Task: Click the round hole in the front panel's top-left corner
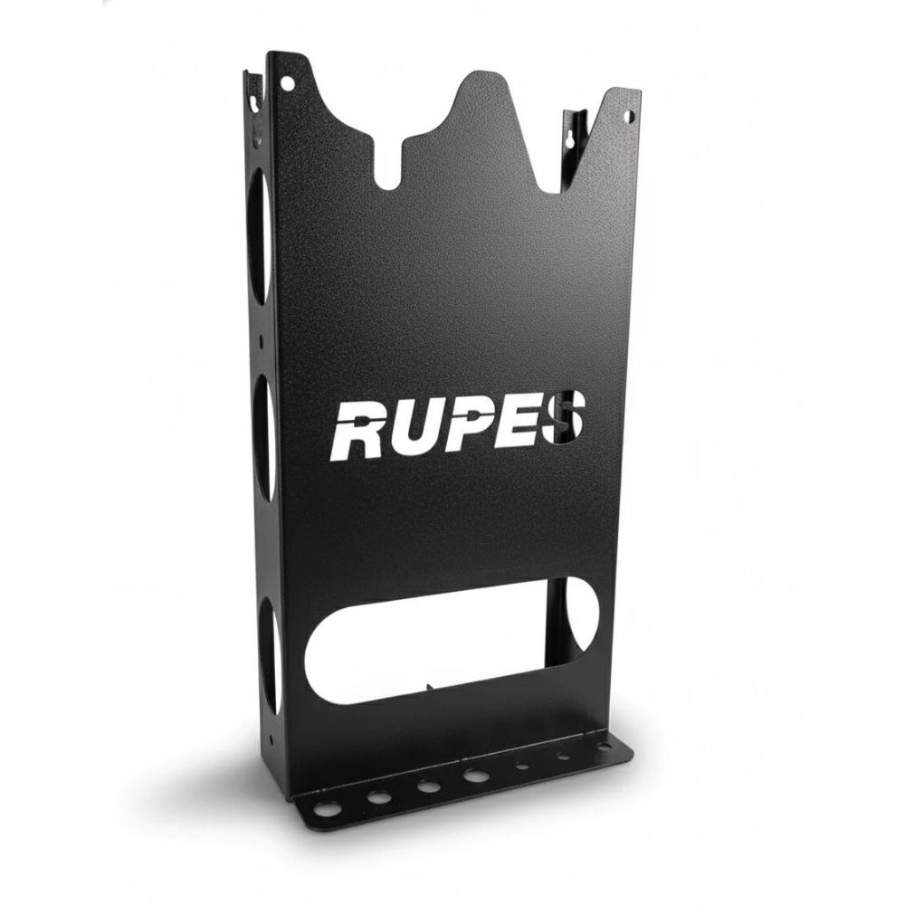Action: pyautogui.click(x=284, y=83)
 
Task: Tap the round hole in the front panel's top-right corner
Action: pyautogui.click(x=630, y=117)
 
